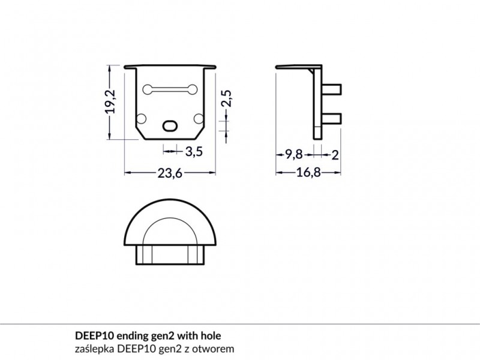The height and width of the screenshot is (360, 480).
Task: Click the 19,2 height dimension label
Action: pyautogui.click(x=110, y=101)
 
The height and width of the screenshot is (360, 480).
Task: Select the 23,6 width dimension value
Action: pyautogui.click(x=170, y=173)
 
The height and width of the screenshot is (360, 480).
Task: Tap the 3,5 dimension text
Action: pyautogui.click(x=194, y=151)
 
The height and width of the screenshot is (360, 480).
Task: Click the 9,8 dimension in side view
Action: pyautogui.click(x=294, y=155)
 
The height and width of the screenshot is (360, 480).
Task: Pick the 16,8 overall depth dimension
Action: pyautogui.click(x=308, y=173)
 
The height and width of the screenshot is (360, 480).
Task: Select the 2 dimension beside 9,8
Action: pyautogui.click(x=335, y=155)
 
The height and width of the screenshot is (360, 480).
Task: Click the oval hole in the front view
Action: pyautogui.click(x=170, y=125)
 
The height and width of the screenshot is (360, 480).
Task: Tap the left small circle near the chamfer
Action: pyautogui.click(x=141, y=118)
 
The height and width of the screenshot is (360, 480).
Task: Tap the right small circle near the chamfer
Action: pyautogui.click(x=199, y=118)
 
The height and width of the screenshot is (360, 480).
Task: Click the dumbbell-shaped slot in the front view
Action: pyautogui.click(x=170, y=89)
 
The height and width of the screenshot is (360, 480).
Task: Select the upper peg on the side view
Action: pyautogui.click(x=332, y=89)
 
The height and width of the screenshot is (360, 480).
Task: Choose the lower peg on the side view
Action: pyautogui.click(x=332, y=119)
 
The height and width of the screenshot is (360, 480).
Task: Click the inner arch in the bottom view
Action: pyautogui.click(x=170, y=219)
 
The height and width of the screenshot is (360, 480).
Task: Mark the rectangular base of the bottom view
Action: pyautogui.click(x=170, y=254)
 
